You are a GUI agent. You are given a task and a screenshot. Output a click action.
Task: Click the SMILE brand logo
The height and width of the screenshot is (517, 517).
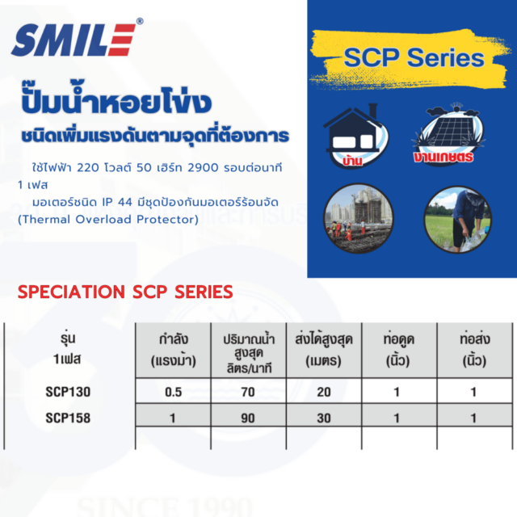tap(78, 38)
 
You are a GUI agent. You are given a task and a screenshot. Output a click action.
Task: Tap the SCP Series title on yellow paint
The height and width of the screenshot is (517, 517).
tap(414, 57)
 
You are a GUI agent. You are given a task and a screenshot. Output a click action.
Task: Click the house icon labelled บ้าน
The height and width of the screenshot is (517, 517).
tap(356, 136)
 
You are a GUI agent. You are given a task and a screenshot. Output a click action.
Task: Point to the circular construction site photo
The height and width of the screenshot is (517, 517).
tap(359, 218)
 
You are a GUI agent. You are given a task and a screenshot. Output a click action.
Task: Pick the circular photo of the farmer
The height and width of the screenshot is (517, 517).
tap(457, 219)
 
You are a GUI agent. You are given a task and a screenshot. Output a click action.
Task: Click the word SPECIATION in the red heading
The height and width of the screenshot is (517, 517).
tap(71, 292)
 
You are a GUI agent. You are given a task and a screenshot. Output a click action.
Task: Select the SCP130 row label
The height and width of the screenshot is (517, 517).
tap(68, 392)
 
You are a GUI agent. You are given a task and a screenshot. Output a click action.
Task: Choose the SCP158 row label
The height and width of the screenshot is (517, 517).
tap(68, 418)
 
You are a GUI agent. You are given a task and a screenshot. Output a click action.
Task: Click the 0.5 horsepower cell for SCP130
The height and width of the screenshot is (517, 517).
tap(174, 392)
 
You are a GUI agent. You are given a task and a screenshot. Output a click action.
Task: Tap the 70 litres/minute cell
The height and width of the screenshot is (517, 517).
tap(248, 392)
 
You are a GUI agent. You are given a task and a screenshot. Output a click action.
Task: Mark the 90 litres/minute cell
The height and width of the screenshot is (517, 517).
tap(248, 418)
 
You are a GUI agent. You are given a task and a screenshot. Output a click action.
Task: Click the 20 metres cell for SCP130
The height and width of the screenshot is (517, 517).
tap(324, 392)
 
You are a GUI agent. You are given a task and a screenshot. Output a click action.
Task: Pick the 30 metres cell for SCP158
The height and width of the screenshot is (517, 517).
tap(324, 418)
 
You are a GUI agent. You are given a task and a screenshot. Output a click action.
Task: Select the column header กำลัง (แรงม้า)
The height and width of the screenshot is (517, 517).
tap(174, 350)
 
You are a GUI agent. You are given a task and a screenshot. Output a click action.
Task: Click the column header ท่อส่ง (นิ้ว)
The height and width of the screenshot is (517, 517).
tap(475, 350)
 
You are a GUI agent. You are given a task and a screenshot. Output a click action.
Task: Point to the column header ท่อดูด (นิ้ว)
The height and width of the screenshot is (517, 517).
tap(398, 350)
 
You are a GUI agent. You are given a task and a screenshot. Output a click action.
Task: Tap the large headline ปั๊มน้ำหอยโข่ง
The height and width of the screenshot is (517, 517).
tap(116, 99)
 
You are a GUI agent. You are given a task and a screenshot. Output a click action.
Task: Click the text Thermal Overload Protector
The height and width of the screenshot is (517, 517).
tap(108, 219)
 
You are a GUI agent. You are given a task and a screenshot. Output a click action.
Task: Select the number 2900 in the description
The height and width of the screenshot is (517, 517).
tap(203, 168)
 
